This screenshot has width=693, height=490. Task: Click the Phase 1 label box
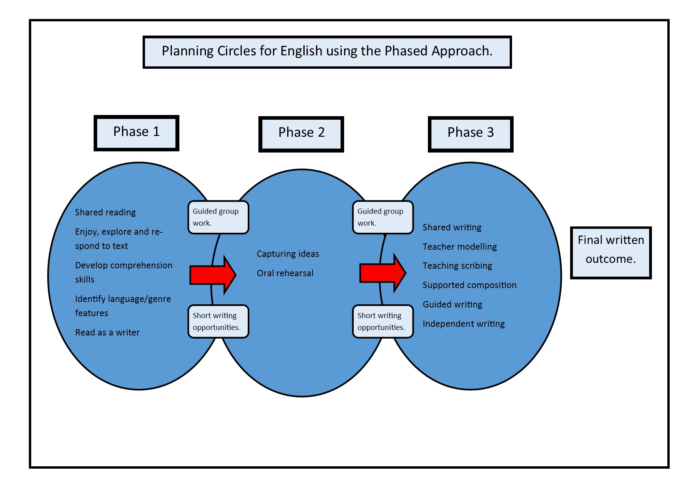tap(136, 133)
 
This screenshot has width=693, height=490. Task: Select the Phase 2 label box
tap(301, 134)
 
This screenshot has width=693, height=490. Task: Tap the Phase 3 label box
tap(470, 134)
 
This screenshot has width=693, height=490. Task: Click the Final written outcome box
tap(610, 253)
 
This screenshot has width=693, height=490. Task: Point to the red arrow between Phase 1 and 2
tap(213, 275)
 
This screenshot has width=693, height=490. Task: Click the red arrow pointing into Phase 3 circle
tap(382, 273)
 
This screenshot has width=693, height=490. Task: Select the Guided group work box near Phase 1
tap(218, 217)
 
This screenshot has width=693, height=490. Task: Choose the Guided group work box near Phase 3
tap(382, 217)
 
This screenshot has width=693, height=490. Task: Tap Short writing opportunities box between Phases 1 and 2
tap(218, 321)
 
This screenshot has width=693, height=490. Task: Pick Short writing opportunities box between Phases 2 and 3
tap(382, 321)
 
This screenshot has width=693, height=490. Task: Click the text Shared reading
tap(105, 213)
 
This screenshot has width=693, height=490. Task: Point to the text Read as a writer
tap(107, 333)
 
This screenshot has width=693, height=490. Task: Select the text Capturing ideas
tap(288, 254)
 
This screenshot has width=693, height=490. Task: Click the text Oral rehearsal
tap(285, 273)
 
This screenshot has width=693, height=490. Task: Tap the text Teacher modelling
tap(459, 247)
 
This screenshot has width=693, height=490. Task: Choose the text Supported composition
tap(469, 285)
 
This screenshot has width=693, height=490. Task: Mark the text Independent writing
tap(463, 324)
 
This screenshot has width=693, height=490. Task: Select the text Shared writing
tap(452, 228)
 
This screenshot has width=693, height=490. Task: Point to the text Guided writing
tap(452, 305)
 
